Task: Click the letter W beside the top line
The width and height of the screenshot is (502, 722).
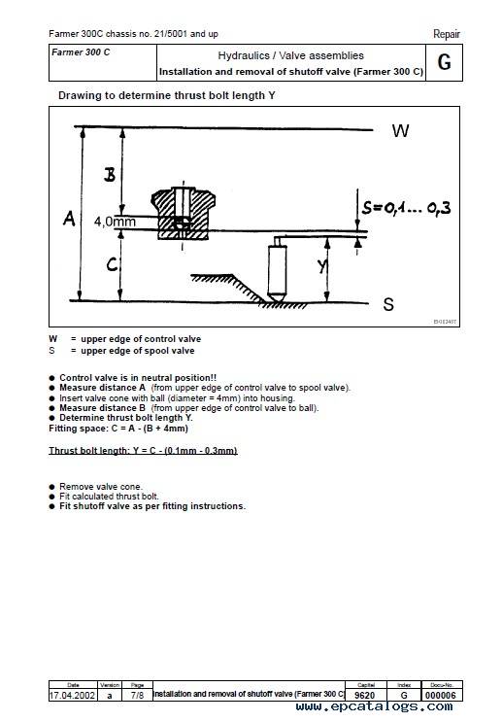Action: pos(400,131)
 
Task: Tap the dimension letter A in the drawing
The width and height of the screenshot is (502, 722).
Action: pos(69,218)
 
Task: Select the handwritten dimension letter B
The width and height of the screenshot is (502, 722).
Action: pos(110,174)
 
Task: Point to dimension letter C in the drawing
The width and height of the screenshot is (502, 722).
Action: pos(112,264)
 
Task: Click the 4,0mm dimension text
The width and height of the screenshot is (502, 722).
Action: pos(115,222)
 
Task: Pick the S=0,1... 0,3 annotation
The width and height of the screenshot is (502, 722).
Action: pos(406,208)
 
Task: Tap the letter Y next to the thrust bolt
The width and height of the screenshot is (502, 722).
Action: pos(322,265)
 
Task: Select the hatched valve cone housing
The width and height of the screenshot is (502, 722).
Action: pos(184,213)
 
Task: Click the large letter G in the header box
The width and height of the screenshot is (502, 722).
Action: pos(444,62)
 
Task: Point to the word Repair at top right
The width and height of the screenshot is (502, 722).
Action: pos(447,34)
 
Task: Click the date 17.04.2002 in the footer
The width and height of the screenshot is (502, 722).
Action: pos(72,696)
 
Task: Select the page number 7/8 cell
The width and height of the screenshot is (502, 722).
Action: pos(137,696)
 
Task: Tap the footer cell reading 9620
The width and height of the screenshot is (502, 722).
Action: pos(365,696)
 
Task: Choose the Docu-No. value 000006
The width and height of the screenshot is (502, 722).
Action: pos(441,696)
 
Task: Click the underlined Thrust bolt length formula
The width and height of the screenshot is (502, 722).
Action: pos(143,451)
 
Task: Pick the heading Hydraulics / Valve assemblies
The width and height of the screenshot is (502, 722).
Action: pos(290,55)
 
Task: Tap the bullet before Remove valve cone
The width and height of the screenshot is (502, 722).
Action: pos(52,487)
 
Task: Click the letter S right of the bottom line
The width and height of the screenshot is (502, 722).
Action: pos(388,304)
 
